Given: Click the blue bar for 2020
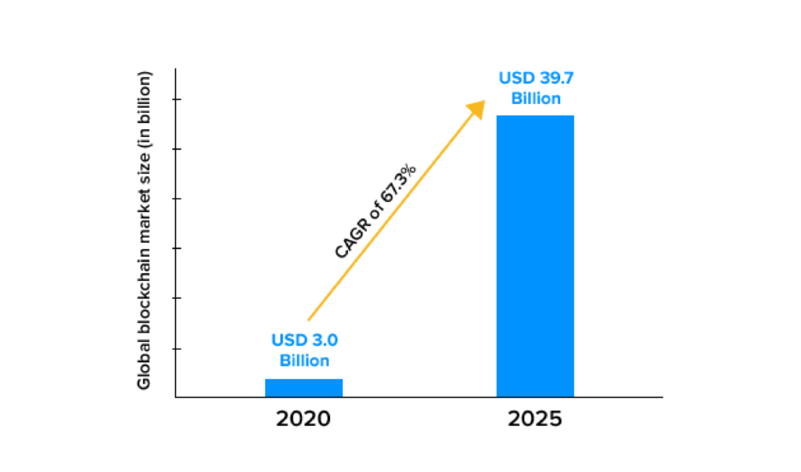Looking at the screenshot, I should pyautogui.click(x=304, y=387).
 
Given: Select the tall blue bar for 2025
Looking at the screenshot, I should pyautogui.click(x=535, y=256).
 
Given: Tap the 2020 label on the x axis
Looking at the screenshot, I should pyautogui.click(x=304, y=419).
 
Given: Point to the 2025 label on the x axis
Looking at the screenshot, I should pyautogui.click(x=535, y=419).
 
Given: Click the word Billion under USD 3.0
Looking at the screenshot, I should pyautogui.click(x=304, y=361).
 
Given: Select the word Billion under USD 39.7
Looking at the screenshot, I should pyautogui.click(x=535, y=99).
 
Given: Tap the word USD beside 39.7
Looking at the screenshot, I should pyautogui.click(x=515, y=79).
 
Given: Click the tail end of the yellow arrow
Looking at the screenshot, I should pyautogui.click(x=310, y=319).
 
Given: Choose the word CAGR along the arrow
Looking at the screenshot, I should pyautogui.click(x=349, y=243).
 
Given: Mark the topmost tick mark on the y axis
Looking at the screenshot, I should pyautogui.click(x=178, y=99).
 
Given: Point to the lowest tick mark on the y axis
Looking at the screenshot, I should pyautogui.click(x=178, y=348).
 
